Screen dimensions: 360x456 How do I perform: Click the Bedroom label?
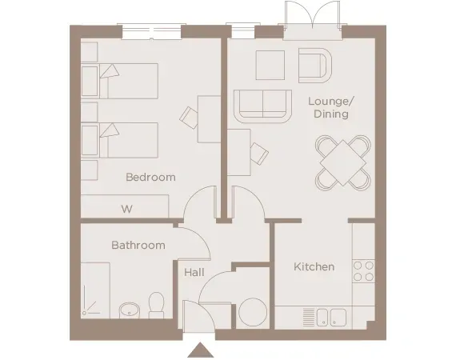coord(150,178)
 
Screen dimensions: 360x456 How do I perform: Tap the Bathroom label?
coord(138,245)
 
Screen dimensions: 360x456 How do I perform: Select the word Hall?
coord(194,273)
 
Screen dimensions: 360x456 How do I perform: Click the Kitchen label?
coord(314,266)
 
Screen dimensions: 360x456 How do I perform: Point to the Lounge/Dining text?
coord(330,108)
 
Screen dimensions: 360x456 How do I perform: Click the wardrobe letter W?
coord(126,209)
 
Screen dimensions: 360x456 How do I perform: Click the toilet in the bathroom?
coord(157,305)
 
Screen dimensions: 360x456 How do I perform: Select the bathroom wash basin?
coord(130,310)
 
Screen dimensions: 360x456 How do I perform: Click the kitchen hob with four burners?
coord(363,270)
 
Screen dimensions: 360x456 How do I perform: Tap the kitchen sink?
coord(330,317)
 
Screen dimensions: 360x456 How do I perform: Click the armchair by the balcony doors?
coord(314,64)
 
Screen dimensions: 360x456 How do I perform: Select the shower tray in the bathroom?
coord(100,294)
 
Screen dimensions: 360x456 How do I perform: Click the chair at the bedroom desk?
coord(190,118)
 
